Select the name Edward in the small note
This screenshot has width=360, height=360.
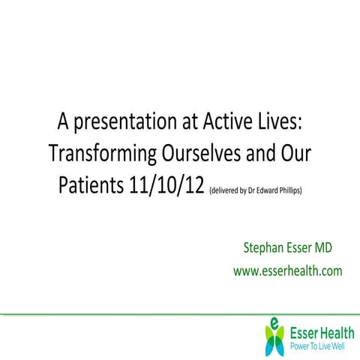271,189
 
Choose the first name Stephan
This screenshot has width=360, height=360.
264,248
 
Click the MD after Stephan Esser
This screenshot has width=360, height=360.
332,248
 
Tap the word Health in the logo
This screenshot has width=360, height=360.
332,332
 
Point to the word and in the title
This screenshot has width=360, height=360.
270,154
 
